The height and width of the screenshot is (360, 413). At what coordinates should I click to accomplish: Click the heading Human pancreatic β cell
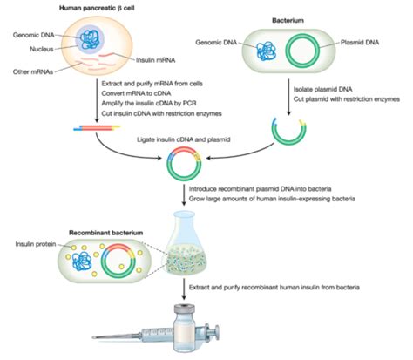(x=97, y=8)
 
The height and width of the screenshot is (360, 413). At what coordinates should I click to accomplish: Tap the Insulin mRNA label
(x=156, y=60)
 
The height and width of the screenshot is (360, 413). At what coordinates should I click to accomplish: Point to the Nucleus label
(x=42, y=49)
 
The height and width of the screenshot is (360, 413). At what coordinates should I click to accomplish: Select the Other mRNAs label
(x=33, y=71)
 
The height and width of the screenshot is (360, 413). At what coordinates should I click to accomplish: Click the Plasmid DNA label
(x=360, y=43)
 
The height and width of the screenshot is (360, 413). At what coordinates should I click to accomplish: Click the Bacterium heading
(x=288, y=20)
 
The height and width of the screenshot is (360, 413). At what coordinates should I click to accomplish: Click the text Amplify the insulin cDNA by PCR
(x=149, y=103)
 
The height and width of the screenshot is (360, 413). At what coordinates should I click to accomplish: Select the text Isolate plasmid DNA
(x=322, y=89)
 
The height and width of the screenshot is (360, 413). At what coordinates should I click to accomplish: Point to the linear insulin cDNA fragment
(x=97, y=127)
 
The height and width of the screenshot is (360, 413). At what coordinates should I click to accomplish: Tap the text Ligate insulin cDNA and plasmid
(x=184, y=139)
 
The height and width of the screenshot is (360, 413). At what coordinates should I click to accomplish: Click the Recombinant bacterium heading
(x=105, y=233)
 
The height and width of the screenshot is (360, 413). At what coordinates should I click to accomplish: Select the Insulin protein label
(x=36, y=244)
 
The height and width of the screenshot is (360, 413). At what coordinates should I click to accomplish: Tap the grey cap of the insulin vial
(x=184, y=309)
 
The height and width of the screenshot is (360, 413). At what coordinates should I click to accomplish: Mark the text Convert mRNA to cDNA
(x=136, y=93)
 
